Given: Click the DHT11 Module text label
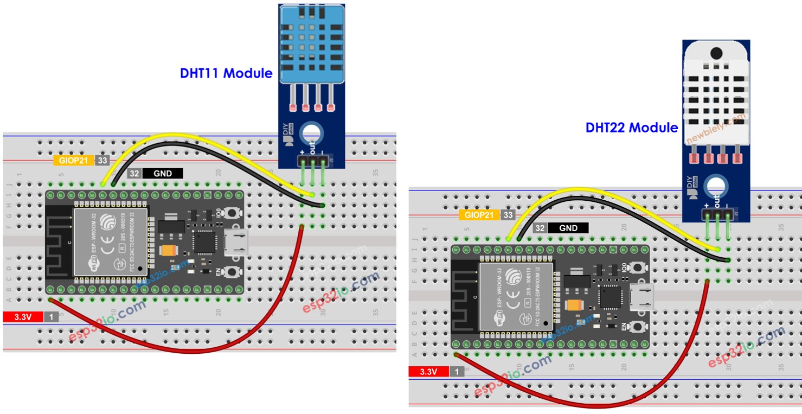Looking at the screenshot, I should click(226, 73).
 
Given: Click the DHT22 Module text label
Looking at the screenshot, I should click(632, 128).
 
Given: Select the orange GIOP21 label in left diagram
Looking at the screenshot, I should click(73, 161).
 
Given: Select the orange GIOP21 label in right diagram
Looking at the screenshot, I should click(479, 215).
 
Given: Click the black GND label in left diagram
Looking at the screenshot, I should click(163, 174).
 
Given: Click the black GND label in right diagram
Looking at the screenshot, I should click(568, 228).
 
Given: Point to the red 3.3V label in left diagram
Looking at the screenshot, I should click(23, 317).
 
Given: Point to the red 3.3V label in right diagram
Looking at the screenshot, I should click(428, 372).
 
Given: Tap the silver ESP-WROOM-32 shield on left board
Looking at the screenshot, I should click(111, 242).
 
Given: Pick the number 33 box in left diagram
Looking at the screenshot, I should click(101, 161).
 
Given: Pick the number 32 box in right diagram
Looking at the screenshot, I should click(540, 228).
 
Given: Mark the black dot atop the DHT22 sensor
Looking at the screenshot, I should click(716, 53).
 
